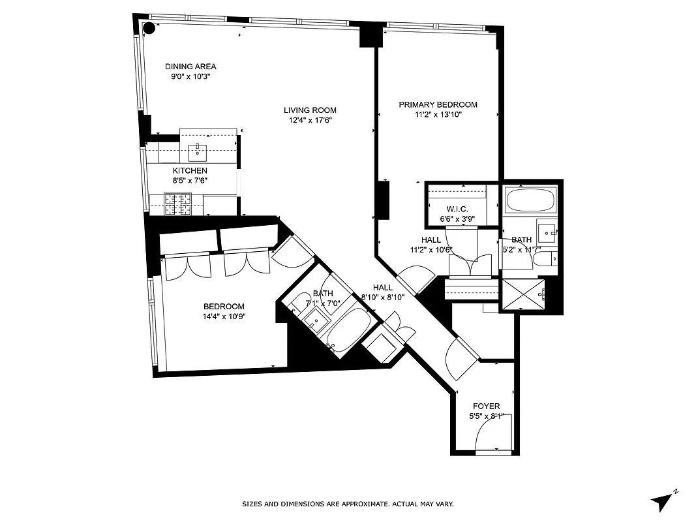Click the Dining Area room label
(x=190, y=67)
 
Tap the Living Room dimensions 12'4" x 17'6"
(x=310, y=120)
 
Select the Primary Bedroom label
(x=438, y=104)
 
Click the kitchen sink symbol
(x=197, y=153)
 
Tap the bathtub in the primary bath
(x=531, y=200)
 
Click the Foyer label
(x=486, y=406)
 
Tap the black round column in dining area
(x=149, y=28)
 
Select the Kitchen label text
(x=190, y=171)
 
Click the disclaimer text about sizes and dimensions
(x=348, y=504)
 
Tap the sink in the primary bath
(x=547, y=231)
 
